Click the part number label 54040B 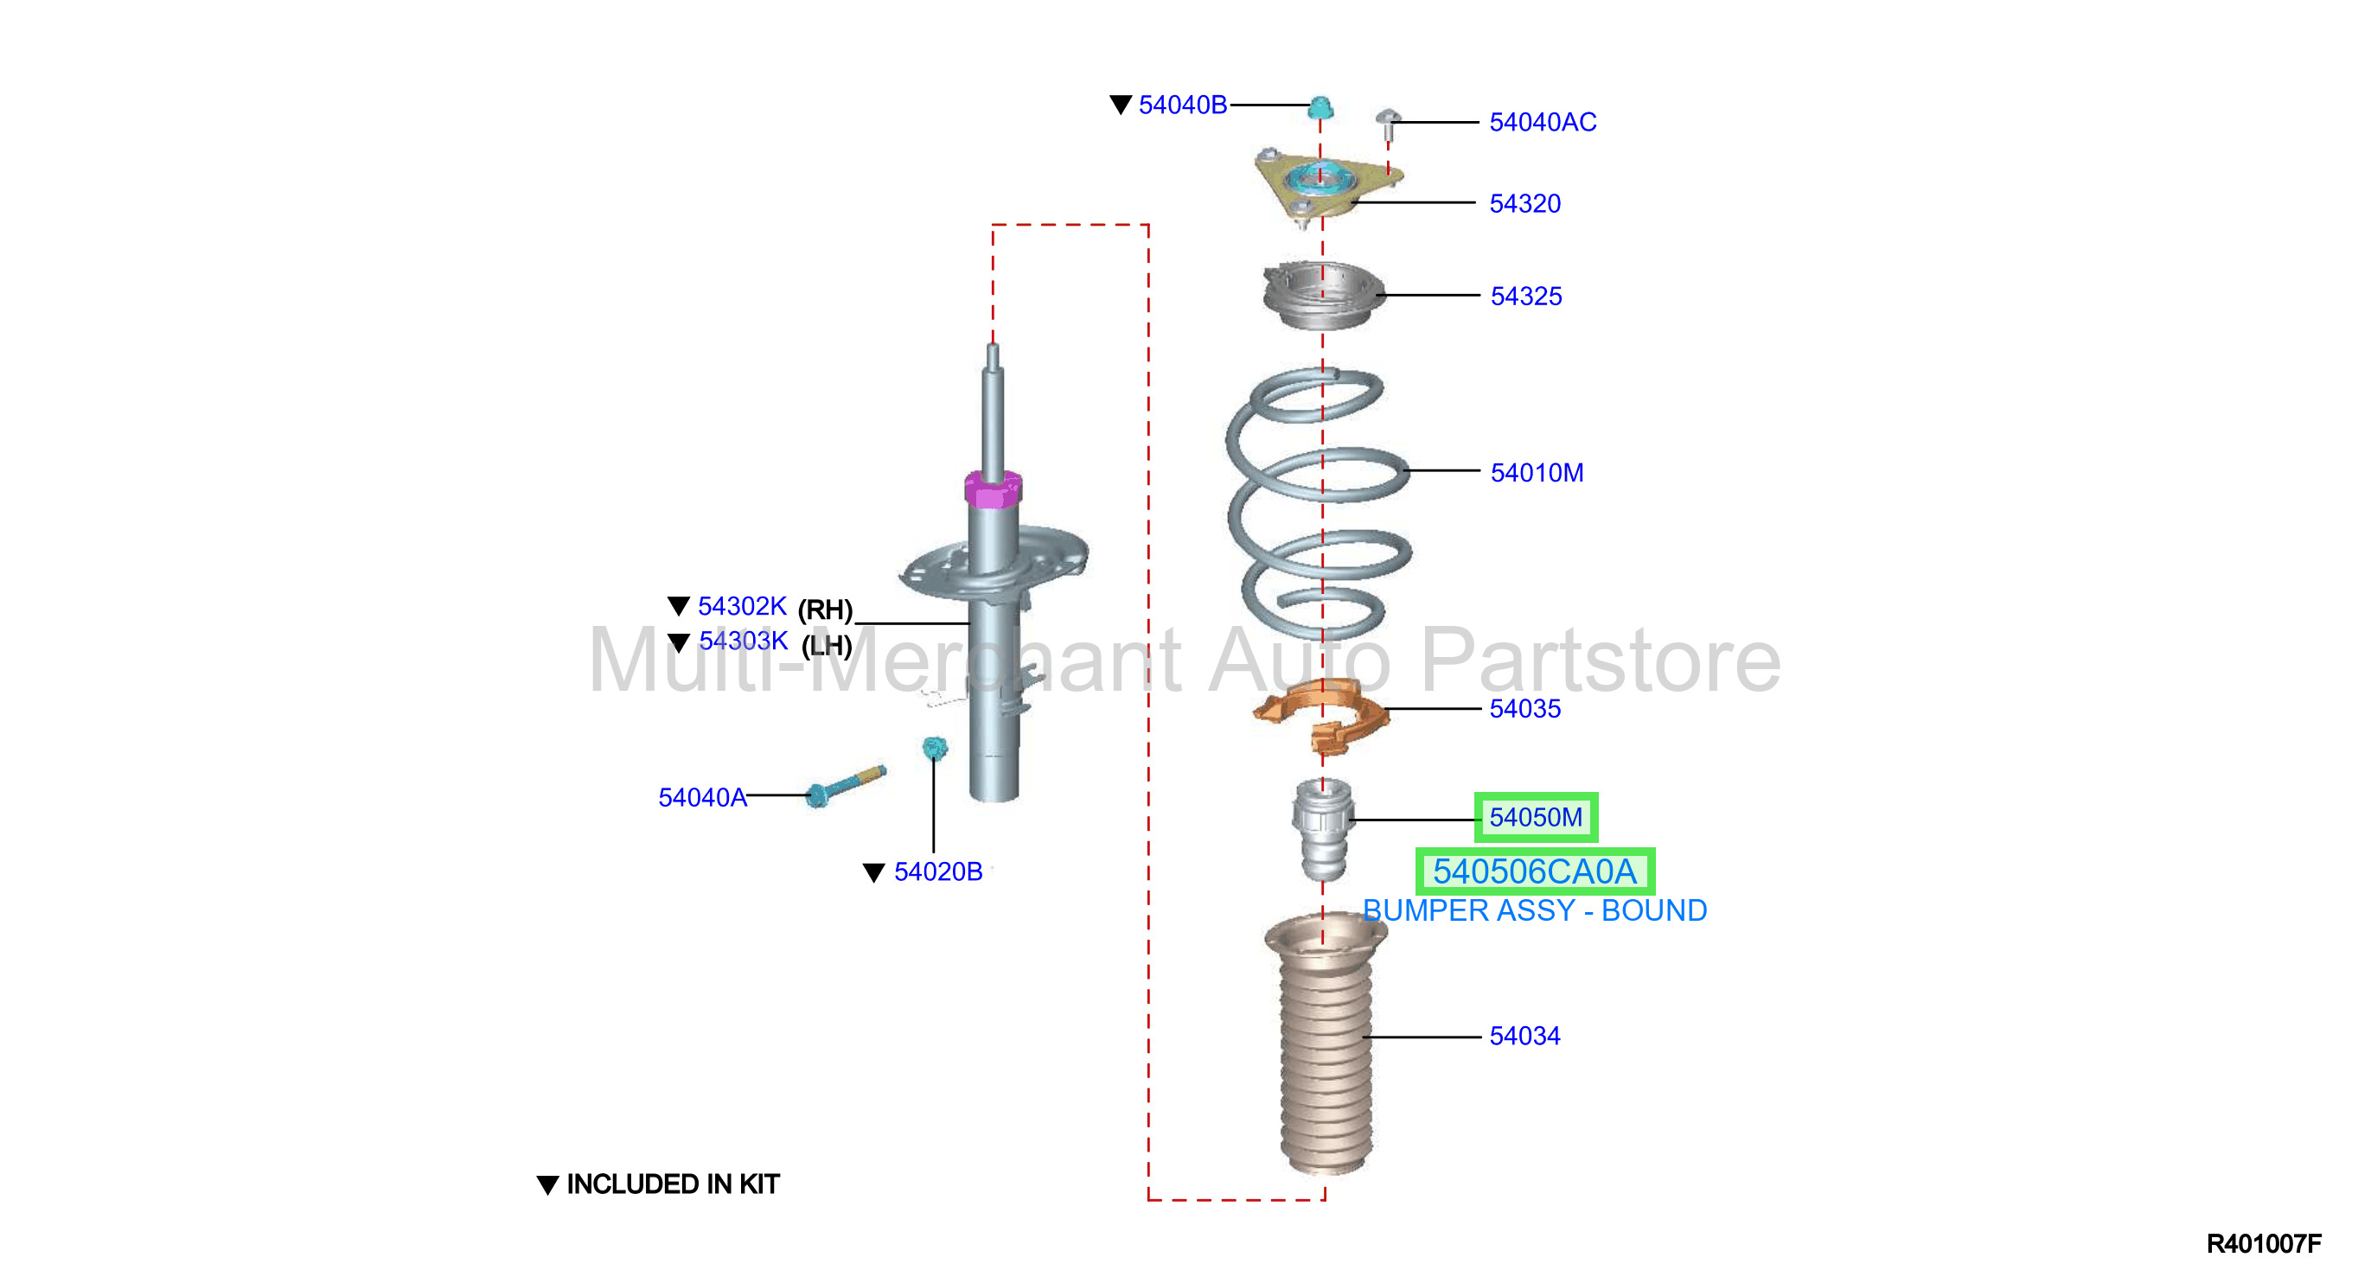1183,105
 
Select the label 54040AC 1543,122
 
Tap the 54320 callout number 1525,203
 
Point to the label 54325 1526,297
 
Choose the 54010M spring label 1537,473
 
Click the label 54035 1525,709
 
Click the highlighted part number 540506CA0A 1534,871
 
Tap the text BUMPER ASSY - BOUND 1534,910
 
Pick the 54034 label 1525,1036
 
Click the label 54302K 742,607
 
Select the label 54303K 743,641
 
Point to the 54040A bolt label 702,797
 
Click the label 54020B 938,871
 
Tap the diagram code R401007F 2263,1243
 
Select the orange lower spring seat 1322,715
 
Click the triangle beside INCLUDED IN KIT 547,1184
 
